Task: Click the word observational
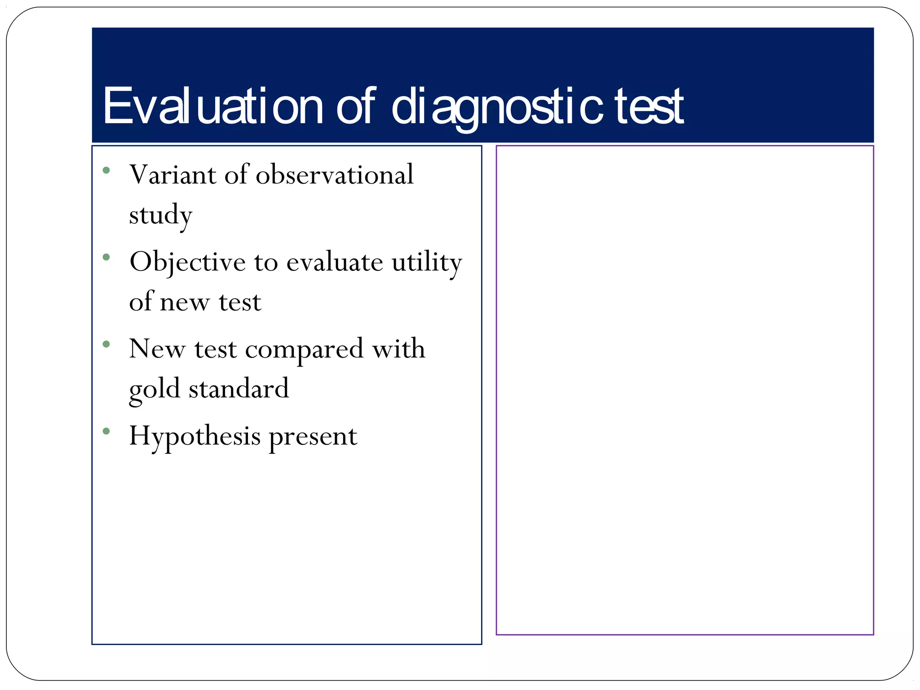coord(335,174)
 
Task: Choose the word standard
coord(239,389)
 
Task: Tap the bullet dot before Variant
coord(106,170)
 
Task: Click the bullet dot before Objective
coord(106,257)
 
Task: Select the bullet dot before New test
coord(106,345)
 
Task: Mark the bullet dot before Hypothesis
coord(106,431)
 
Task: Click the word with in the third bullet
coord(398,349)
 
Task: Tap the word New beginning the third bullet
coord(157,349)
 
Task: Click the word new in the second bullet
coord(185,302)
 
